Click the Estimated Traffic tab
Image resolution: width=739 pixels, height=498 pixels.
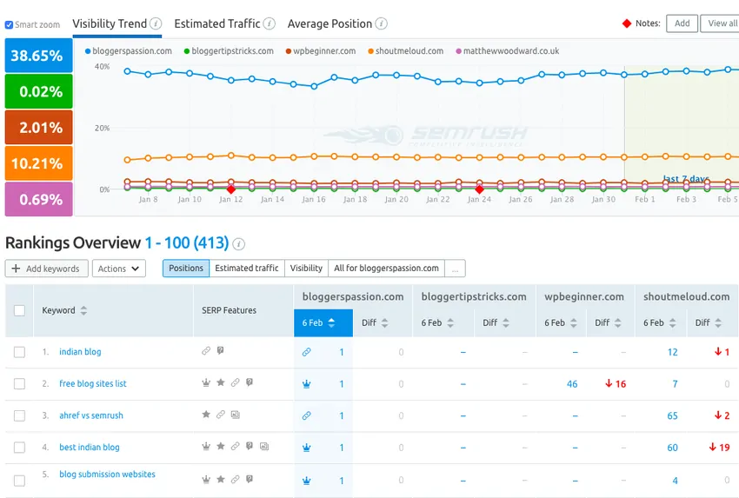point(217,23)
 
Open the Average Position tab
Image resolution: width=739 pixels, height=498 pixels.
point(330,23)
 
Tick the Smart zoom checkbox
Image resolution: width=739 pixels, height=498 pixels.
point(10,25)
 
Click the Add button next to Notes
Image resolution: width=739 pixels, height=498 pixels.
point(682,23)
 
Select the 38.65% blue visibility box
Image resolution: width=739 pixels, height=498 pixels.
point(38,56)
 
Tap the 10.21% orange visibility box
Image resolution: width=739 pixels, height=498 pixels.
point(38,163)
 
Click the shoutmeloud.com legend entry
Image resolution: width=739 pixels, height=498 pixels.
point(409,51)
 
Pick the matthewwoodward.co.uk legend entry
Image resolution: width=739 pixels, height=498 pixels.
point(510,51)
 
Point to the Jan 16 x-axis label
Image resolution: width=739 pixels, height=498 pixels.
point(314,200)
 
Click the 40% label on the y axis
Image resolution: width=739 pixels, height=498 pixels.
point(103,66)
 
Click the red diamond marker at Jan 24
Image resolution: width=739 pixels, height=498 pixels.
point(479,189)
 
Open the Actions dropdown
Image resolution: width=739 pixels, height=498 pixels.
point(118,269)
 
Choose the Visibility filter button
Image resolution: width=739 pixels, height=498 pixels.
point(306,269)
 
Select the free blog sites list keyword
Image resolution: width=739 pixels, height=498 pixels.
point(92,383)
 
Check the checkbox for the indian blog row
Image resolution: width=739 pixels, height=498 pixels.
point(19,352)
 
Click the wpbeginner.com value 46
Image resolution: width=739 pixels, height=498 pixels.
point(572,384)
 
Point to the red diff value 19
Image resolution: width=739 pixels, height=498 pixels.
point(718,448)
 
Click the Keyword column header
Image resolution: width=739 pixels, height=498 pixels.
point(59,310)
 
